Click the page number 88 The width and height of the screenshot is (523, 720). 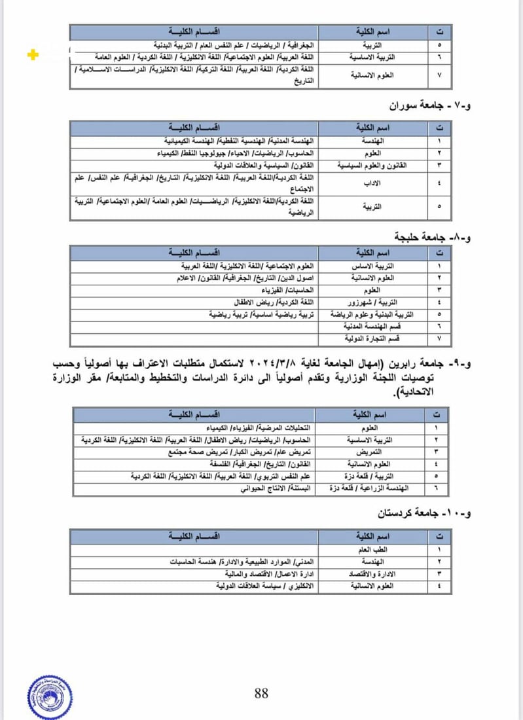click(x=261, y=693)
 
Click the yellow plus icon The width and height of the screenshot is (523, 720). click(x=33, y=56)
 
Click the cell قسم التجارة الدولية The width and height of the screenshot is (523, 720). click(x=372, y=338)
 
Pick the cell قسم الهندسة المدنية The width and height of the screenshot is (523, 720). click(x=372, y=326)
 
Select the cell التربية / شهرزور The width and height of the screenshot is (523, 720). click(x=372, y=302)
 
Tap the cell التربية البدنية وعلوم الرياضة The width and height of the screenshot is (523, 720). click(x=372, y=314)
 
